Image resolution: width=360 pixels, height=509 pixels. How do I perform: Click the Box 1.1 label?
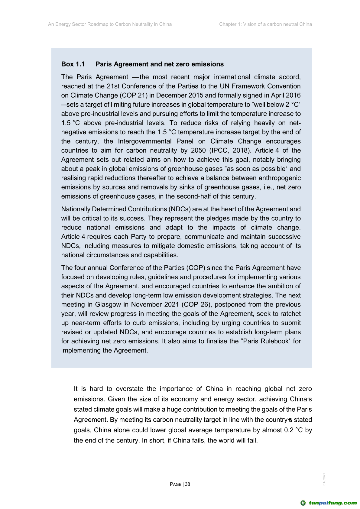pyautogui.click(x=73, y=64)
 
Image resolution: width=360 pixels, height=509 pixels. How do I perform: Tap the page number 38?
pyautogui.click(x=187, y=484)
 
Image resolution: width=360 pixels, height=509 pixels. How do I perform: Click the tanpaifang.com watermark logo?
pyautogui.click(x=329, y=503)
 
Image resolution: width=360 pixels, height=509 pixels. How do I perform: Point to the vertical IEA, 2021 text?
pyautogui.click(x=324, y=479)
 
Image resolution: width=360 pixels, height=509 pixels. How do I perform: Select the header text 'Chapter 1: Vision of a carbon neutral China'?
pyautogui.click(x=265, y=24)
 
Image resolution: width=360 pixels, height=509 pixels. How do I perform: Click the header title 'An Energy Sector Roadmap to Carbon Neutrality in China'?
pyautogui.click(x=110, y=24)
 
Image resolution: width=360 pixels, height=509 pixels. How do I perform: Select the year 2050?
pyautogui.click(x=198, y=151)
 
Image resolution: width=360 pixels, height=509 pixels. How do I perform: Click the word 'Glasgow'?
pyautogui.click(x=108, y=304)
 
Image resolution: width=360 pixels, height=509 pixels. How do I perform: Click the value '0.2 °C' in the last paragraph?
pyautogui.click(x=294, y=430)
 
